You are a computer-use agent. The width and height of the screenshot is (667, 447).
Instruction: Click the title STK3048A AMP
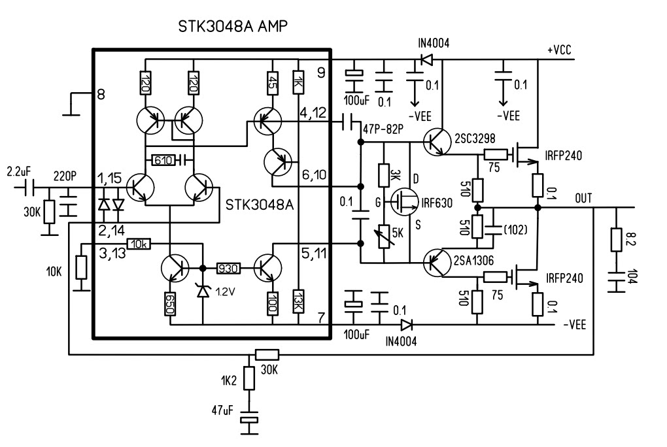(233, 26)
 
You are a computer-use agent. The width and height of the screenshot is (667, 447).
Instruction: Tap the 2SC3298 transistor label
(475, 139)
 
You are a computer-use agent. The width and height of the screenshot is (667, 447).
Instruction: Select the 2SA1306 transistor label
(473, 260)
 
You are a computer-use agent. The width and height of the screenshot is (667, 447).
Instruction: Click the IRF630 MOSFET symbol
(403, 201)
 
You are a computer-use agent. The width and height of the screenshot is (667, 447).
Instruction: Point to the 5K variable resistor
(384, 237)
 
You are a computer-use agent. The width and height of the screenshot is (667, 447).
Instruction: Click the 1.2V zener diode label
(225, 291)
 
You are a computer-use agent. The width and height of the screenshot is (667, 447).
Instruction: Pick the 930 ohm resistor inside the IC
(228, 269)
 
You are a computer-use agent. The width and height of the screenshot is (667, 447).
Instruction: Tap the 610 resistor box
(163, 160)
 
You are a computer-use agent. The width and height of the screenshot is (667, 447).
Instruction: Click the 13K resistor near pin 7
(299, 301)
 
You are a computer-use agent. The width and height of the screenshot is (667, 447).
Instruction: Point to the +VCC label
(559, 50)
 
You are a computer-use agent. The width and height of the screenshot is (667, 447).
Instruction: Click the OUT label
(583, 198)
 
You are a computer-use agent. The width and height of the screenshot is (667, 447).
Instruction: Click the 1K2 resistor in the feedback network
(249, 378)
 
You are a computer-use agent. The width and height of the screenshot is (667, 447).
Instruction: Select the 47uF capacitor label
(222, 410)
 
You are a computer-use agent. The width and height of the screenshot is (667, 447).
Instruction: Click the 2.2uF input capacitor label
(19, 172)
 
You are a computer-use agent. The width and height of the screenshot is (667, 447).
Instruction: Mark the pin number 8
(101, 94)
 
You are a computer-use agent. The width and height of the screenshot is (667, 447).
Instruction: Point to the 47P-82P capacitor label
(383, 129)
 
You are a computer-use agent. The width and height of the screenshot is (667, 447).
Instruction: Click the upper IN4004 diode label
(434, 43)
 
